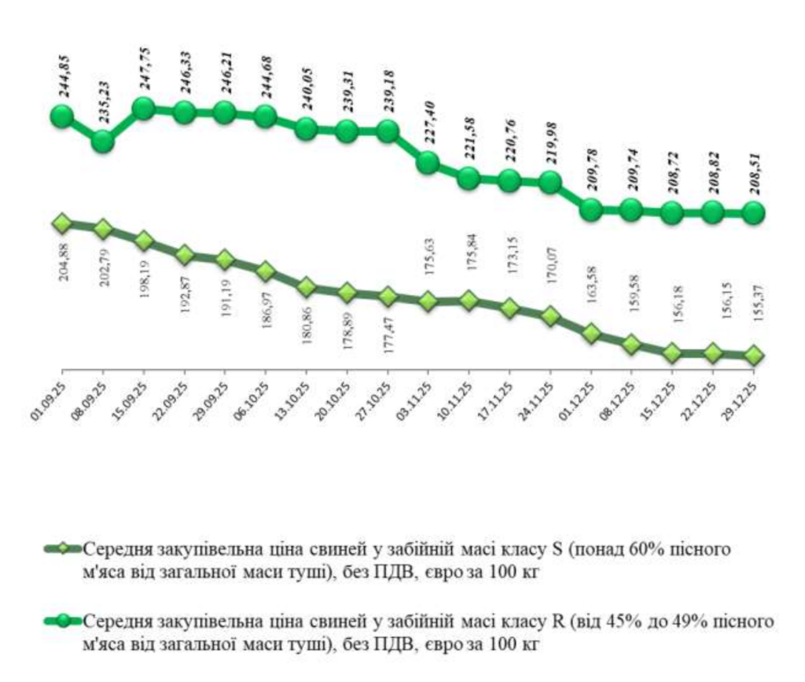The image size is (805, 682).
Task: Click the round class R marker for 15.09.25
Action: pyautogui.click(x=144, y=109)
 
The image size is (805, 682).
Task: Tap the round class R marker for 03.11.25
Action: pyautogui.click(x=427, y=163)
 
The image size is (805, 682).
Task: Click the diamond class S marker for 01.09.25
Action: pyautogui.click(x=62, y=224)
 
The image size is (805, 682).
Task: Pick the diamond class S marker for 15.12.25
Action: pyautogui.click(x=671, y=353)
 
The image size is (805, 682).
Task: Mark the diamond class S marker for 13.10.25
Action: pyautogui.click(x=307, y=288)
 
